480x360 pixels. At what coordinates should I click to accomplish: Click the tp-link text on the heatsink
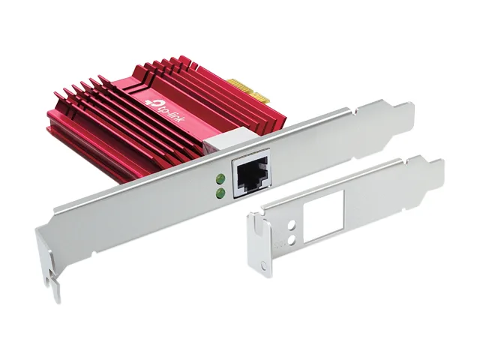click(170, 112)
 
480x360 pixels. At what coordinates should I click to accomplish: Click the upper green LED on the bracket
click(220, 178)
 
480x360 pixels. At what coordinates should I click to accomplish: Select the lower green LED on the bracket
click(220, 193)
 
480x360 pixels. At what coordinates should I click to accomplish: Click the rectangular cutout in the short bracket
click(323, 217)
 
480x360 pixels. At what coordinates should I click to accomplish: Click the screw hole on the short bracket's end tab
click(264, 265)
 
